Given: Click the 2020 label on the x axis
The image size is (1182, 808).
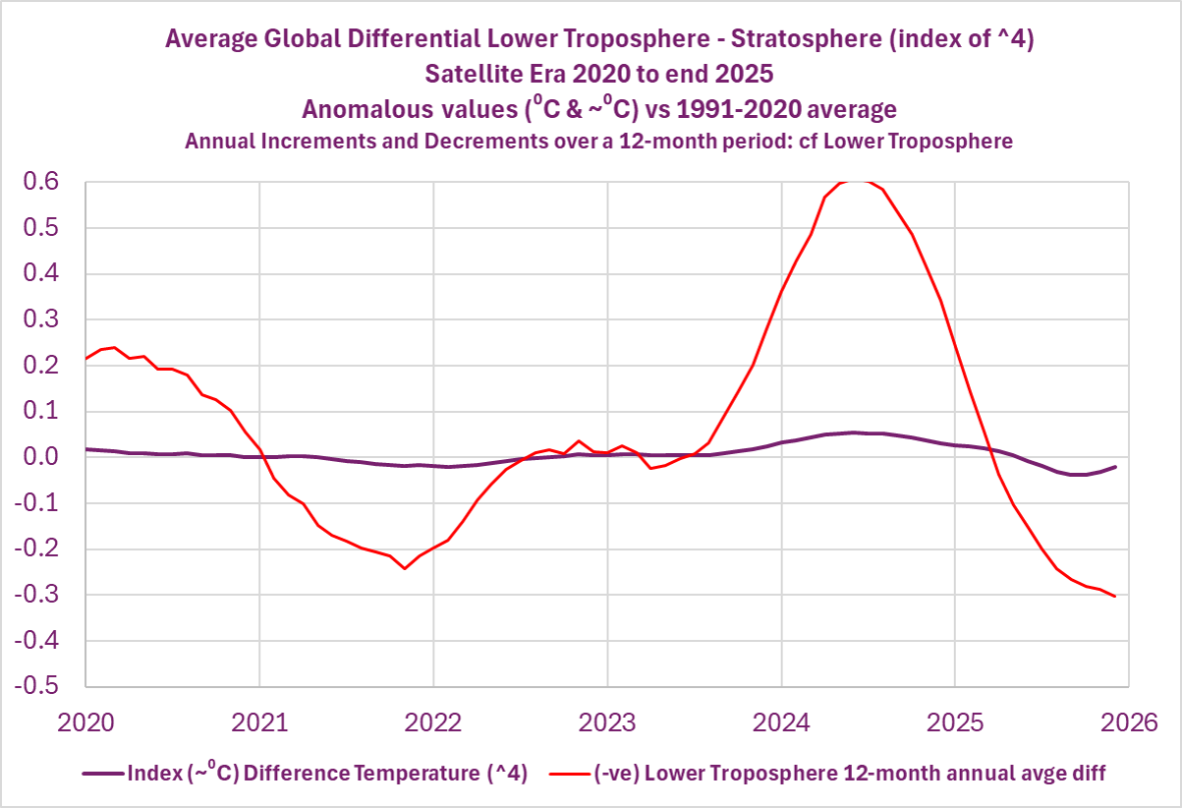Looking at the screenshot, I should click(85, 722).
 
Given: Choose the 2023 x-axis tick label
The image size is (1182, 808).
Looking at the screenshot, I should click(607, 722).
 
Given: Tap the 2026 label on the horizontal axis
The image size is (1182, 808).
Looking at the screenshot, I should click(1128, 722).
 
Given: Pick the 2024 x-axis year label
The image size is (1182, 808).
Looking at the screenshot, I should click(781, 722).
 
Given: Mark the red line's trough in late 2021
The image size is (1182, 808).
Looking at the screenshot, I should click(404, 568).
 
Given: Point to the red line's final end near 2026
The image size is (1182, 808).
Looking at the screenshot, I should click(1114, 596).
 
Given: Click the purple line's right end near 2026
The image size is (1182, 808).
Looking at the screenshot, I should click(1114, 467).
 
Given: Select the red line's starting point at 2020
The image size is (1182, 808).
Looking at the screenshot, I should click(86, 358).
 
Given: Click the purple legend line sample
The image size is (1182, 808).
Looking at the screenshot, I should click(102, 774).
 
